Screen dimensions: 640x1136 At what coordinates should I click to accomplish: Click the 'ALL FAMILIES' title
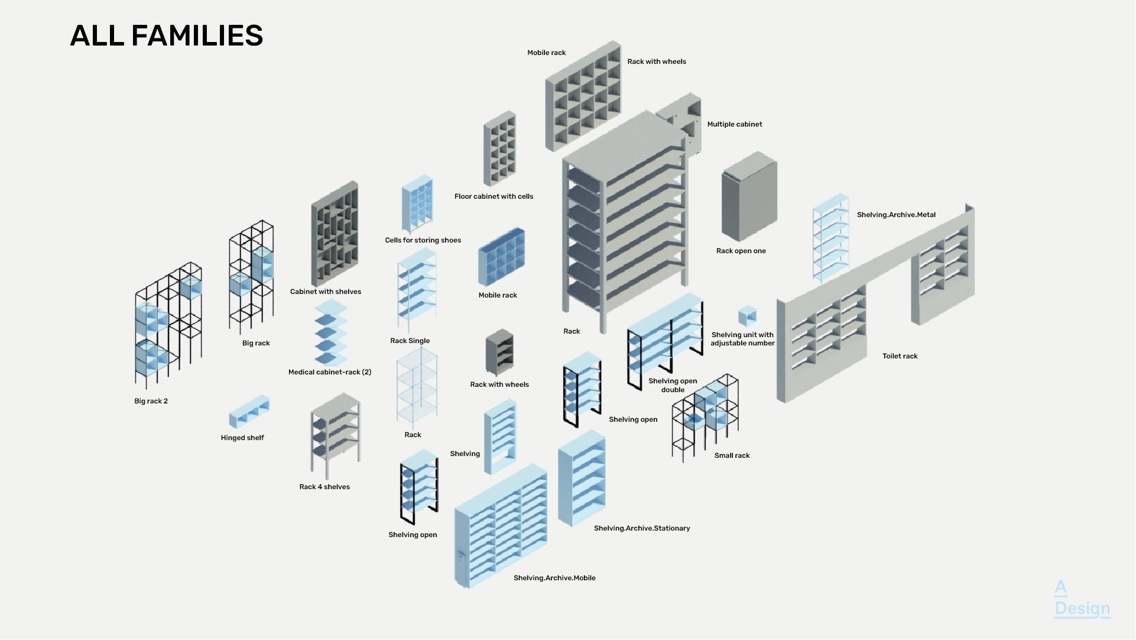166,35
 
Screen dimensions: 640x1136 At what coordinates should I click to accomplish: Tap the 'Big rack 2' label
151,401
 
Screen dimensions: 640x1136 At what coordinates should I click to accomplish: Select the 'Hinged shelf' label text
242,438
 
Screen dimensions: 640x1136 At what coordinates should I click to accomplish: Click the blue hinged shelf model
249,412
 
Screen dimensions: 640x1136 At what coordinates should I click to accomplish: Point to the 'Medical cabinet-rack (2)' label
330,372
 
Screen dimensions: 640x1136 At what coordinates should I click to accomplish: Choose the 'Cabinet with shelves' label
326,292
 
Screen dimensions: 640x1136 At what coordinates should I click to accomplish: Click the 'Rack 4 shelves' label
324,487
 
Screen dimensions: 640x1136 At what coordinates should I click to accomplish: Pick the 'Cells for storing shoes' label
423,240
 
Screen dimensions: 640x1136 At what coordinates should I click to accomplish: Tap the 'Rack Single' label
410,341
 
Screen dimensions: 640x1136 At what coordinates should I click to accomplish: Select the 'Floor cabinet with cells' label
494,196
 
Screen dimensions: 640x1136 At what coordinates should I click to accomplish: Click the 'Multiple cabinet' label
735,124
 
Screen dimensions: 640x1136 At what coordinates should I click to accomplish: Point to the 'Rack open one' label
741,251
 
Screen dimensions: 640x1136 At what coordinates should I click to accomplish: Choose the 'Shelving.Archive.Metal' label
896,215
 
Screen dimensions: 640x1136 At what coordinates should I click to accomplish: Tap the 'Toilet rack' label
900,356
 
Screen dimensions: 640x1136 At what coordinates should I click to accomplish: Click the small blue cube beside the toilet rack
747,316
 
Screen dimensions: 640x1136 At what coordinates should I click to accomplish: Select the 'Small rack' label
732,455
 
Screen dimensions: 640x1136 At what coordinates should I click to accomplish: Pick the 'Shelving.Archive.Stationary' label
642,528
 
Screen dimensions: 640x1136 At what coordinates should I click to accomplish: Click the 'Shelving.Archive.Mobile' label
554,578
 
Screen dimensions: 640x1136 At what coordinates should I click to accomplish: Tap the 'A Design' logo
1082,599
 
